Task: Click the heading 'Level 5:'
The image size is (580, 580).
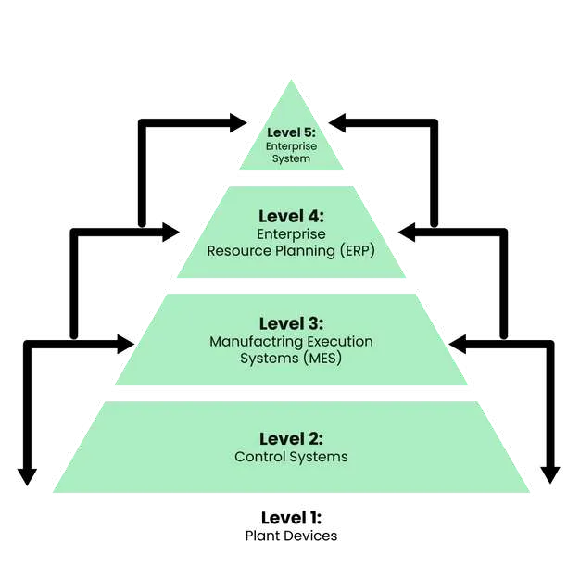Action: point(291,132)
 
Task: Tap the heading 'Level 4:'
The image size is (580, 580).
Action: point(291,216)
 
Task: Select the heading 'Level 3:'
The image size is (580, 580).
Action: point(291,323)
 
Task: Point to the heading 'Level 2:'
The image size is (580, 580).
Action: point(291,438)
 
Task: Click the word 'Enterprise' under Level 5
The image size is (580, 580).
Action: point(291,146)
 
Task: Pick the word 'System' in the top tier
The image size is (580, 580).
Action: point(291,158)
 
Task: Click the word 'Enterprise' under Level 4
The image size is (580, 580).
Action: point(291,233)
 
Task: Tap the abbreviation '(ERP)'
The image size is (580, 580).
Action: point(356,250)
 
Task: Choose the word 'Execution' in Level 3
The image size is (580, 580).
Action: point(335,341)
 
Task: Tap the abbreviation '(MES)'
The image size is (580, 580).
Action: point(322,358)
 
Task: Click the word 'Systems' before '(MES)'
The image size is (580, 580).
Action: point(269,358)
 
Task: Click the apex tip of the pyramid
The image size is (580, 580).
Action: point(291,79)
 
